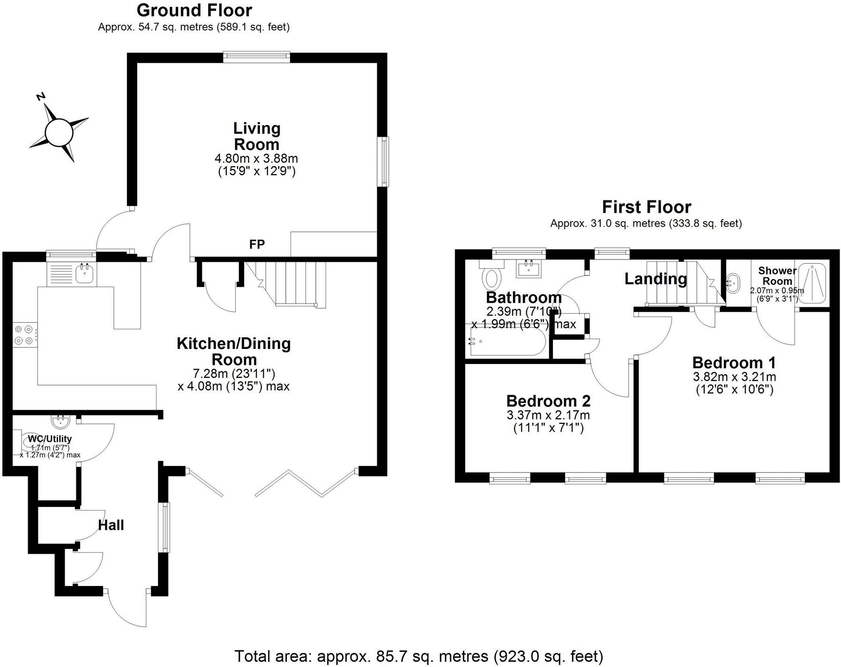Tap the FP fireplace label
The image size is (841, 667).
coord(257,244)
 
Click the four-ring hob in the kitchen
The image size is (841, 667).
coord(25,335)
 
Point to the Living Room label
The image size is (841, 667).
coord(257,136)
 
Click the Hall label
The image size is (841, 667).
coord(111,525)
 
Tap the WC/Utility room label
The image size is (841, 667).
coord(50,439)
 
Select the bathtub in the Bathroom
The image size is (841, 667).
coord(506,341)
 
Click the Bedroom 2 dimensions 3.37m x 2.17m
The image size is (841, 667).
coord(548,415)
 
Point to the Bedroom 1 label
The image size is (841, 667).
coord(734,363)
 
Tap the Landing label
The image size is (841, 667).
coord(655,279)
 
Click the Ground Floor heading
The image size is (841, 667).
coord(194,10)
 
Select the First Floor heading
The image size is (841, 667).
coord(646,207)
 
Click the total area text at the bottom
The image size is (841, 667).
coord(418,656)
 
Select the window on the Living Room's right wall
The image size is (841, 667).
coord(384,162)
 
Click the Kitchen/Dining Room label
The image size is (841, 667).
coord(233,351)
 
